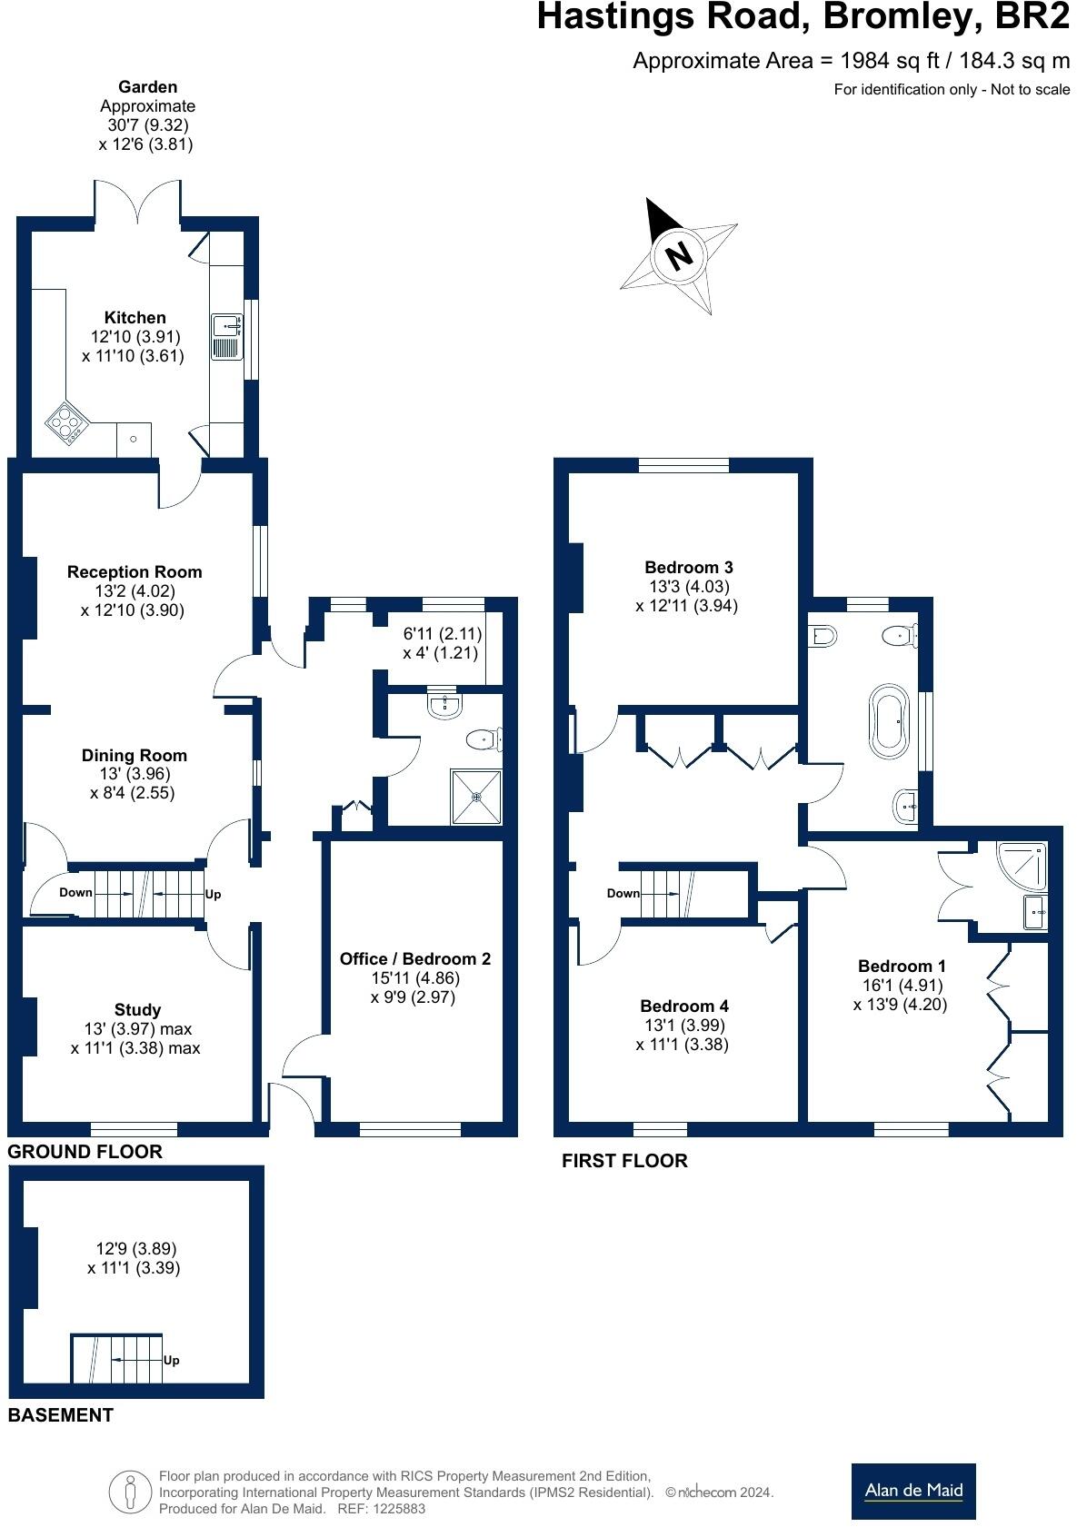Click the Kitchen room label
point(135,318)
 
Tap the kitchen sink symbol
point(227,336)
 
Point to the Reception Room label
point(135,572)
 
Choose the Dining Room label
point(135,755)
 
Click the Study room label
point(138,1009)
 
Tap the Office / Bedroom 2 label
point(414,959)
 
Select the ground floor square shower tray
point(477,797)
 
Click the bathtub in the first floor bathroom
point(889,720)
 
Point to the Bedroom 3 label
point(689,567)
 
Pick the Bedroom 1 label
point(902,966)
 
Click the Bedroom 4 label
point(684,1006)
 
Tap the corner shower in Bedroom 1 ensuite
point(1022,867)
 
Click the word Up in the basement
point(171,1361)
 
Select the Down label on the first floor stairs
point(623,893)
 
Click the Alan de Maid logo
point(913,1492)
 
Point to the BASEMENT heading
point(61,1415)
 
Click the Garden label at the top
point(147,87)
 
